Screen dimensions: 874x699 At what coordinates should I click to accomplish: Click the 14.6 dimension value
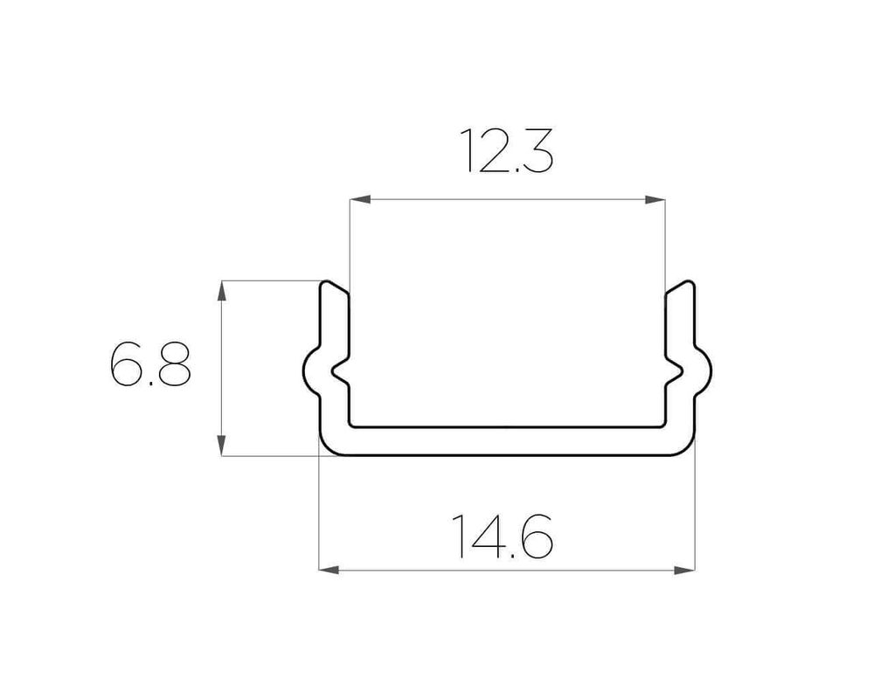point(503,536)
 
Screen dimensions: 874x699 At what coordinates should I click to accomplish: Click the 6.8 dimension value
point(150,364)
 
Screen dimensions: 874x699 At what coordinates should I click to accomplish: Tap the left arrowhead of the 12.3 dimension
point(360,199)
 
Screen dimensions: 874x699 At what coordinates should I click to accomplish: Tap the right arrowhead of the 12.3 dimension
point(655,199)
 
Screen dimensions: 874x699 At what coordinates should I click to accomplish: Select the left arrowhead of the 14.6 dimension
point(329,570)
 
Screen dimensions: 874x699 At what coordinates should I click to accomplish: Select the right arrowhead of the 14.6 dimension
point(684,570)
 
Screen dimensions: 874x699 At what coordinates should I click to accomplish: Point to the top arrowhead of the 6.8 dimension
point(221,291)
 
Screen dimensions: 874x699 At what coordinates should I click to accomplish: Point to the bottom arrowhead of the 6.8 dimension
point(221,446)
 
